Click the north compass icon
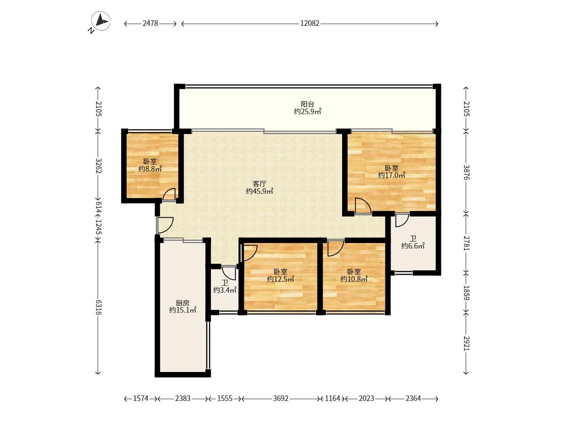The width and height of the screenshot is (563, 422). (101, 21)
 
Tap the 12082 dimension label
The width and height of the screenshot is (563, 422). (310, 23)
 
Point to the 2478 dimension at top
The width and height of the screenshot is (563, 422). (150, 23)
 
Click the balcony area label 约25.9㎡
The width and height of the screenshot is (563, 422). (307, 112)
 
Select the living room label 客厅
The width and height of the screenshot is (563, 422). (259, 184)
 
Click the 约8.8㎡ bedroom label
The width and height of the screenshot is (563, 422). (150, 169)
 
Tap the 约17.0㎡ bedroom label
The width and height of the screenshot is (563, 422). (391, 175)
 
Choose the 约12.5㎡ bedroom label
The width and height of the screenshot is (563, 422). (280, 279)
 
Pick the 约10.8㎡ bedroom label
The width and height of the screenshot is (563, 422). (354, 279)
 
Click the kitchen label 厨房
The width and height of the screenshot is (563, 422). (183, 303)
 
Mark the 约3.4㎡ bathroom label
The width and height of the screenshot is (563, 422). (225, 290)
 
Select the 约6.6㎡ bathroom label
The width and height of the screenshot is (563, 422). (413, 246)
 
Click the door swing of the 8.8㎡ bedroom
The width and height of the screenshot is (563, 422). (169, 194)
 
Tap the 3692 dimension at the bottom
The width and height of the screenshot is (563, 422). (281, 399)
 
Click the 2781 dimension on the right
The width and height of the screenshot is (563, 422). (466, 243)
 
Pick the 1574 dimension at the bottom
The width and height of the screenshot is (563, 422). (141, 399)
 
